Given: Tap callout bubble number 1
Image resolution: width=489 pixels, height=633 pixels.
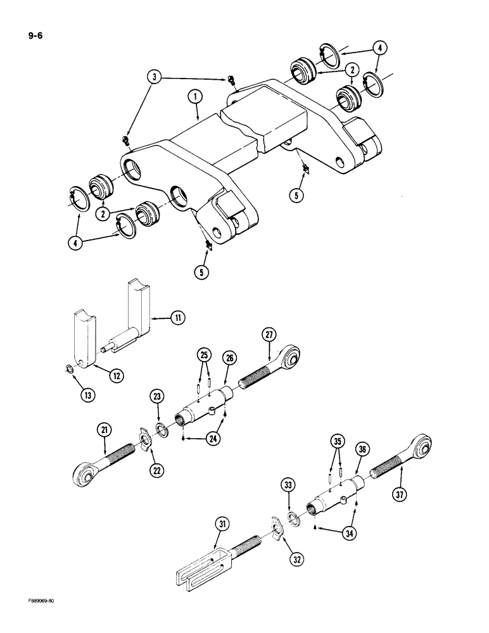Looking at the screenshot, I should [195, 97].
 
